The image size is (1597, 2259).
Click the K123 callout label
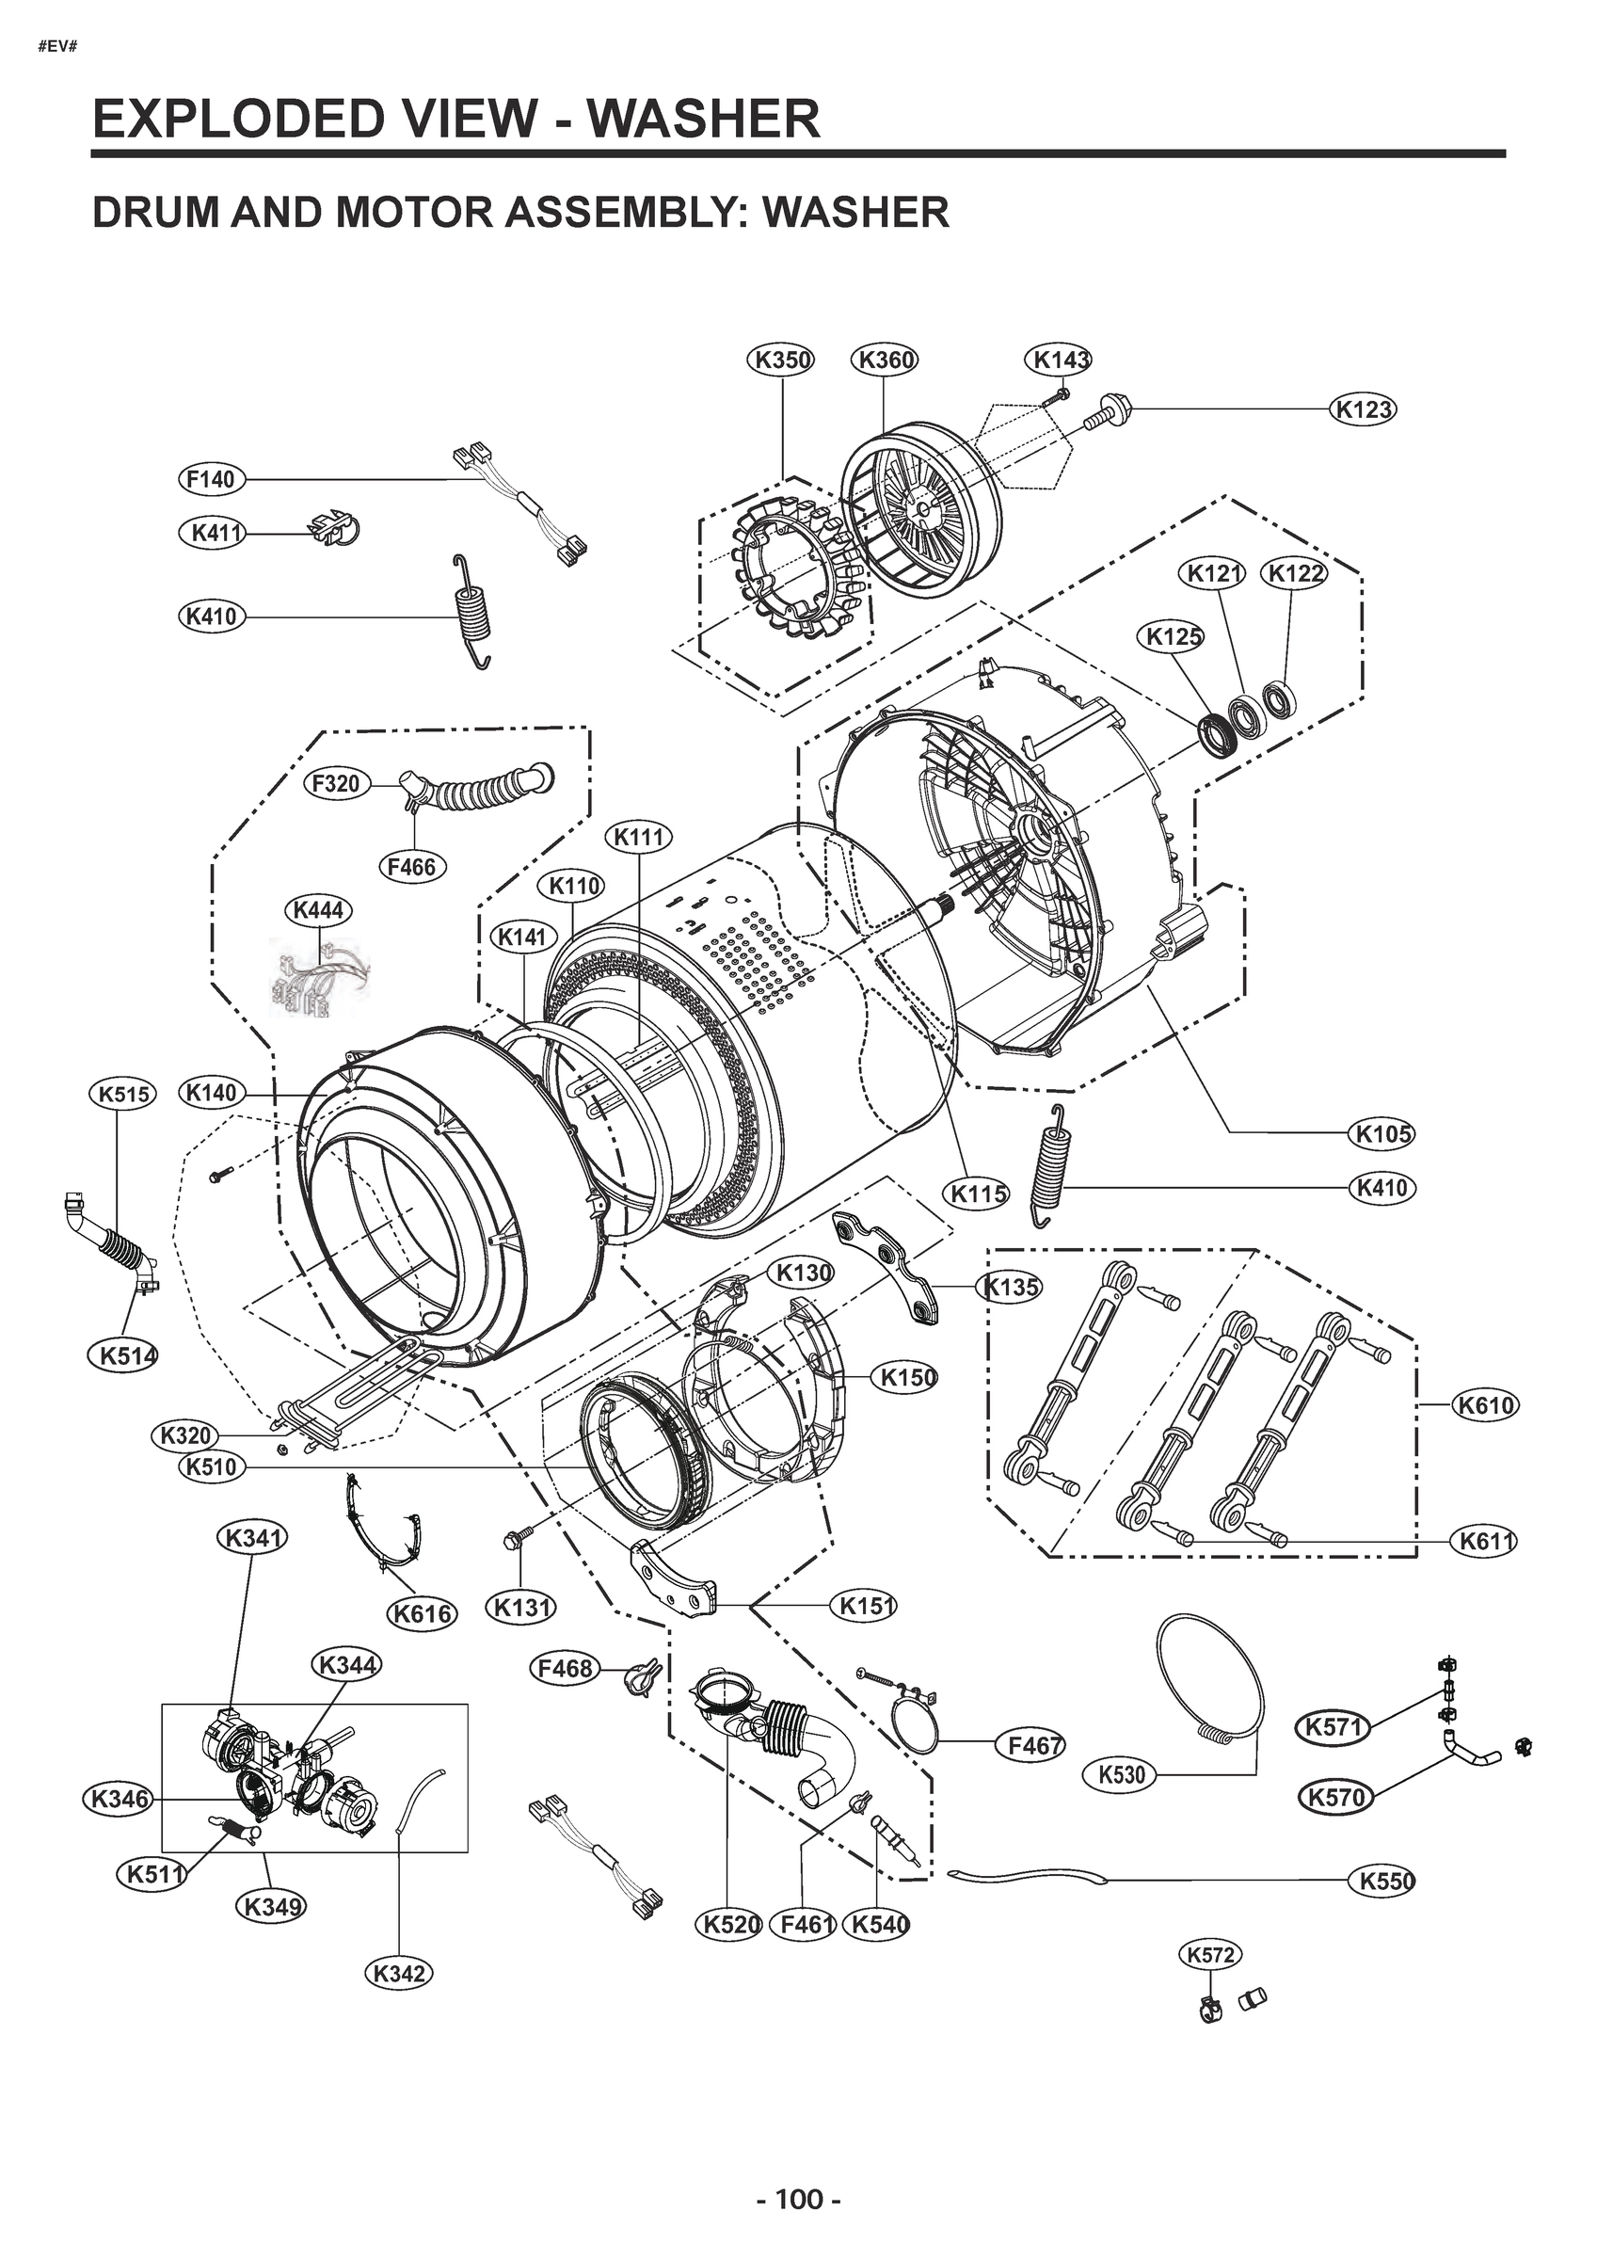tap(1364, 409)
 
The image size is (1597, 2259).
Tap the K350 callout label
tap(782, 360)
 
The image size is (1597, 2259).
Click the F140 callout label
tap(212, 479)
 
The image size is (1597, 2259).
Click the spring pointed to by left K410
tap(473, 612)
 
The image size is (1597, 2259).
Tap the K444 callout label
tap(319, 909)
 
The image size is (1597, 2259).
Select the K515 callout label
tap(122, 1093)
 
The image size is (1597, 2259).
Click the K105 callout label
tap(1382, 1133)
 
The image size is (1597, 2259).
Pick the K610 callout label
tap(1485, 1405)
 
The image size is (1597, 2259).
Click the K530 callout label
tap(1121, 1775)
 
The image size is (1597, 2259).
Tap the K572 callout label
tap(1210, 1954)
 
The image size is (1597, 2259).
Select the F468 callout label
tap(565, 1668)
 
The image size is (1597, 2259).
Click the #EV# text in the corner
tap(57, 46)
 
